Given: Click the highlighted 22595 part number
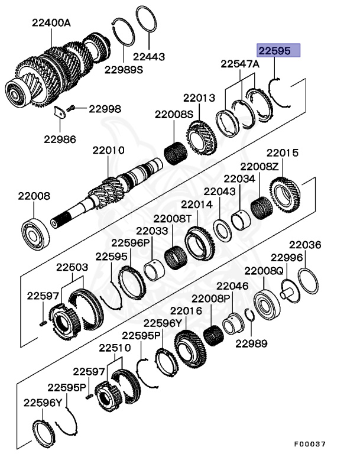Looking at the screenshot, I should (277, 51).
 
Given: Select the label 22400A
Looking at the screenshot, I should (51, 23).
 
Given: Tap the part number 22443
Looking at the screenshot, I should (148, 57).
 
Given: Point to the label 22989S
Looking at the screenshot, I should (124, 69).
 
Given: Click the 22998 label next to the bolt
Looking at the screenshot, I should (105, 109).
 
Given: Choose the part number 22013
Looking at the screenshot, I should (199, 98).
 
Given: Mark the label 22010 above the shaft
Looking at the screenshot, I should (108, 151).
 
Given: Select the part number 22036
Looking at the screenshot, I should (304, 244).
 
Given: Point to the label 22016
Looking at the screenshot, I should (186, 310).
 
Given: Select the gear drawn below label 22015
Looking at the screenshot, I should (286, 193).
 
